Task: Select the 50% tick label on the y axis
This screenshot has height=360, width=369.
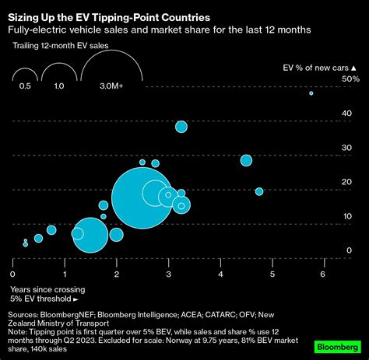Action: point(351,79)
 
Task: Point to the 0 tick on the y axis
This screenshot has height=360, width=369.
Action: point(350,250)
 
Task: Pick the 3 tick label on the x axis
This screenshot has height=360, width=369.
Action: point(168,274)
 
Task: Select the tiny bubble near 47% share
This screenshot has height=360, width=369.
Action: point(311,93)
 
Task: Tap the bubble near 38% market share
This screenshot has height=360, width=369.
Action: point(181,127)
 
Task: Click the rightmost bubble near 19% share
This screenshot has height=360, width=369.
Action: point(259,191)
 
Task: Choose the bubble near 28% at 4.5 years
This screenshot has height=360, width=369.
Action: point(246,160)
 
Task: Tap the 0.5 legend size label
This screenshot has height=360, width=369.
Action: point(25,87)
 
